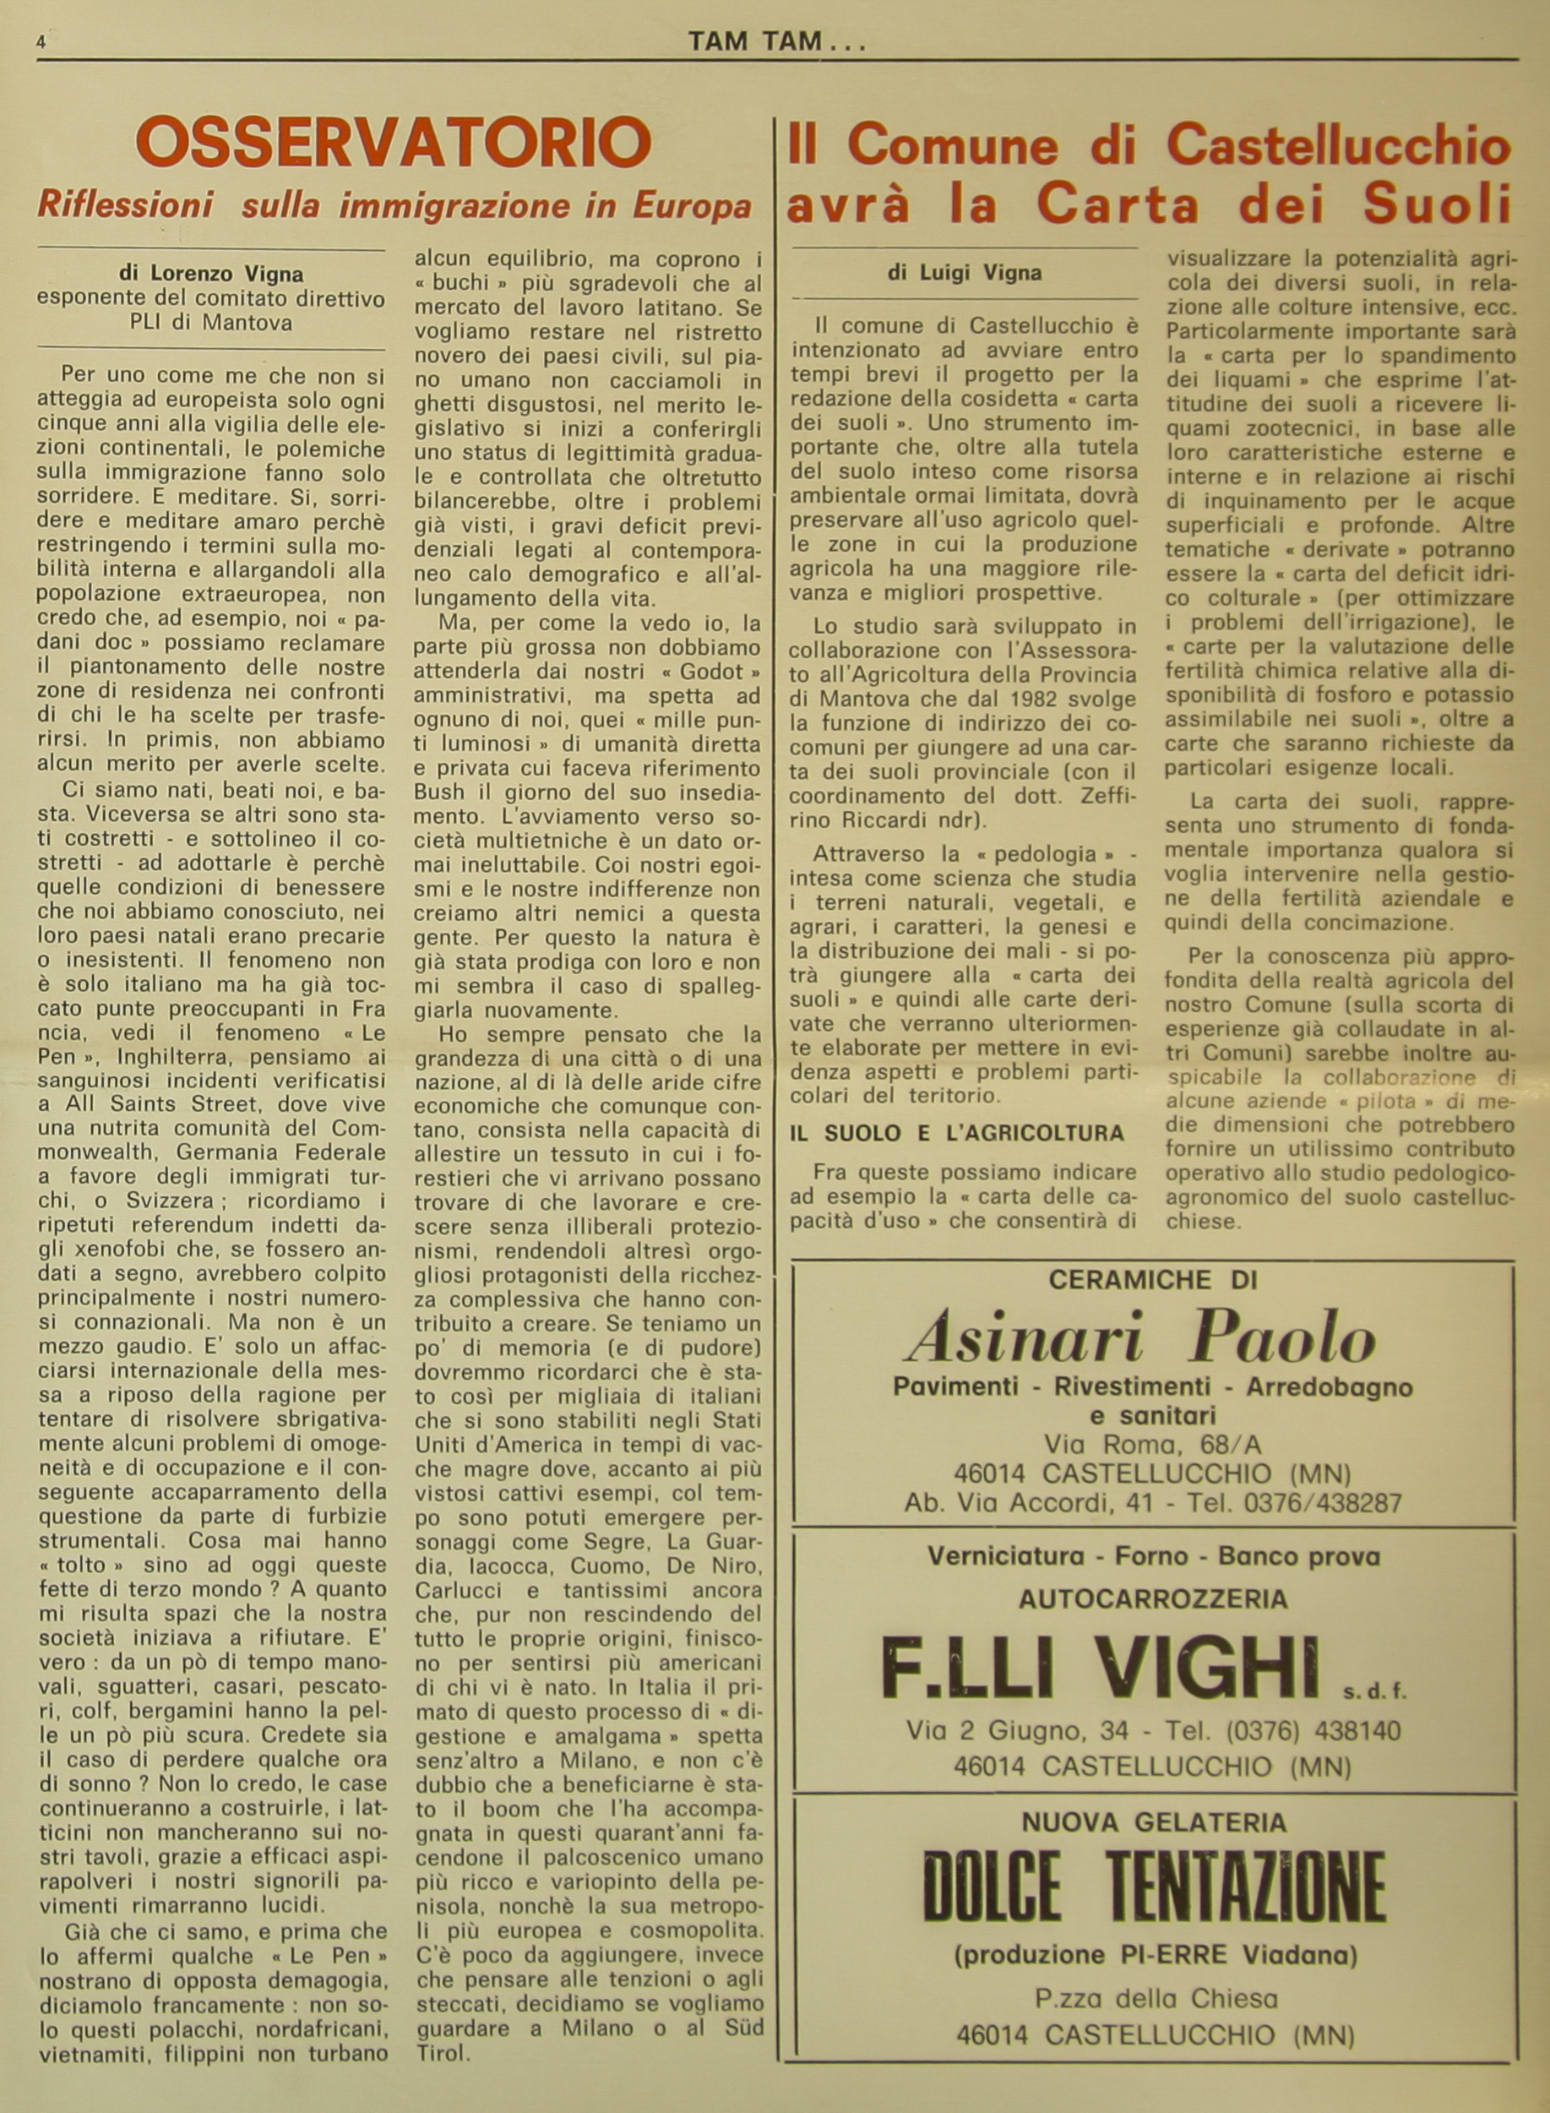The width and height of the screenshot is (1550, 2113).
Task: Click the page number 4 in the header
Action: click(42, 42)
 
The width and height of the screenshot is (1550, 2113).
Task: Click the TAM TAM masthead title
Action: click(775, 41)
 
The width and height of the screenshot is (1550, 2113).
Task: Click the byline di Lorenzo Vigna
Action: click(211, 275)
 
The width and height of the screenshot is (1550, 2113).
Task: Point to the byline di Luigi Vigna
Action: click(965, 273)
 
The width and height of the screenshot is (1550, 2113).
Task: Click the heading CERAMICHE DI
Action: click(1152, 1280)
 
